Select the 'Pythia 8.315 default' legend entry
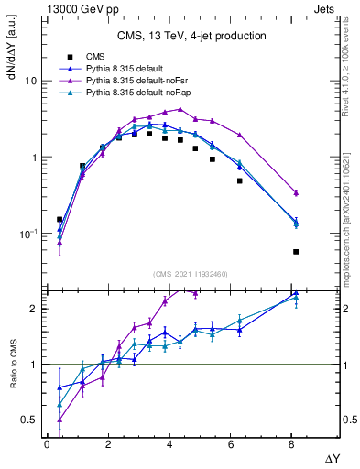click(x=124, y=70)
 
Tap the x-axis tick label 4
click(x=169, y=444)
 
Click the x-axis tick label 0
click(x=47, y=444)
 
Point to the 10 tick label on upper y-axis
click(x=29, y=81)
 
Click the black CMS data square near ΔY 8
click(x=296, y=252)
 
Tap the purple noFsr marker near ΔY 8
click(x=296, y=192)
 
